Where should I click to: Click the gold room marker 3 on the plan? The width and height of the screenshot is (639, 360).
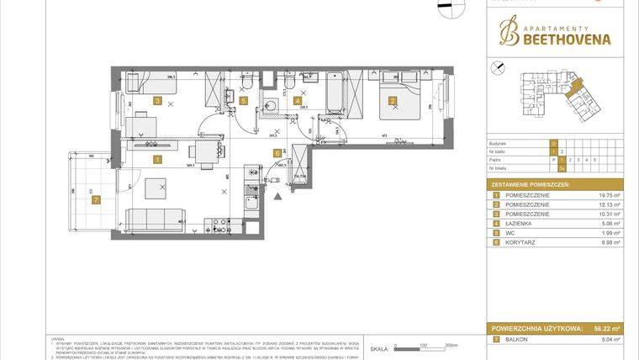(x=157, y=101)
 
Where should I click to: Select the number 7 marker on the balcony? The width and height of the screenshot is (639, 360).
(x=96, y=199)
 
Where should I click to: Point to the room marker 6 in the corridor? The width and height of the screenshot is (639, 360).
(x=277, y=153)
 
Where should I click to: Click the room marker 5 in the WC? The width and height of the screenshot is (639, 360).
(x=244, y=101)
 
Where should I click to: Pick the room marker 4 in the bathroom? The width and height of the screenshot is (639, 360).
(x=298, y=101)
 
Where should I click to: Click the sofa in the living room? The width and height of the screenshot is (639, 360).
(x=156, y=220)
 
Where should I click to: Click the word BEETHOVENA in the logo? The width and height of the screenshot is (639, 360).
(x=552, y=39)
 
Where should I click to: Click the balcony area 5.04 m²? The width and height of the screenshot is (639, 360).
(x=606, y=340)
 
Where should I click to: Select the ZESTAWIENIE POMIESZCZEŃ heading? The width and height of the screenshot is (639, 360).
(x=531, y=183)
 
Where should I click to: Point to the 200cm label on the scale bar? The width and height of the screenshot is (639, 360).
(x=451, y=346)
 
